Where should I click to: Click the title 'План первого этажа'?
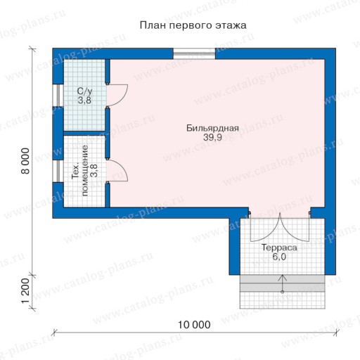tap(193, 25)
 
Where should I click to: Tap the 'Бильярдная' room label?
tap(212, 128)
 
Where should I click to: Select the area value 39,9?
tap(212, 137)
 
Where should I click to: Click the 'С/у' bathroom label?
tap(84, 91)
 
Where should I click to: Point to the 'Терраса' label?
tap(279, 247)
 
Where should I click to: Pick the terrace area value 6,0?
tap(279, 257)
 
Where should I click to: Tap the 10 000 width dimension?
tap(194, 325)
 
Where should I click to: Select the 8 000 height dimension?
tap(26, 161)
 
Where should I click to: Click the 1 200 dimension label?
tap(26, 290)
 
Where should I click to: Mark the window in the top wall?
tap(194, 53)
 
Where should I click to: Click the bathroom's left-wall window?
tap(58, 95)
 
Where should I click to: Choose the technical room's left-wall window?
tap(58, 171)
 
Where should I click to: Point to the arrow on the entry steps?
tap(283, 284)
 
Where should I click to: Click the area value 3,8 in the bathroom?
tap(84, 101)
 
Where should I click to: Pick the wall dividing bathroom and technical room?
tap(84, 134)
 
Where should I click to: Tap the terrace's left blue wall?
tap(234, 246)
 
